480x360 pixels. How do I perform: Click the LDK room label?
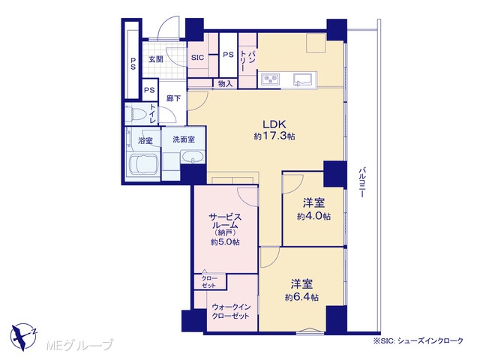coord(274,124)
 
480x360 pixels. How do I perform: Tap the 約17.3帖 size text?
coord(274,136)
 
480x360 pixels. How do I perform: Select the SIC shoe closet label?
coord(197,57)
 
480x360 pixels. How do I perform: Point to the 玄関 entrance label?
coord(156,59)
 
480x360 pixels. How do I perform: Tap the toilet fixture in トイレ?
coord(137,114)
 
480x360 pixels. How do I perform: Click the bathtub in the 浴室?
coord(143,165)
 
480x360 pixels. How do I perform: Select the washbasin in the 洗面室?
coord(192,157)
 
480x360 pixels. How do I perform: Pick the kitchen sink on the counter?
coord(302,79)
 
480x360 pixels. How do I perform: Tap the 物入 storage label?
coord(225,83)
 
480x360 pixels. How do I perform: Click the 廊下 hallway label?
coord(173,98)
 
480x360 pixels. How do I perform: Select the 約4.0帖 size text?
coord(313,217)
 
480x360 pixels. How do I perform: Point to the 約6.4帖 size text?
coord(301,297)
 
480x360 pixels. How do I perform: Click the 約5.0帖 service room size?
coord(225,242)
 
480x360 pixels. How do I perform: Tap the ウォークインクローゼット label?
coord(231,311)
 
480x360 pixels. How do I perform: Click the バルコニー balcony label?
coord(362,182)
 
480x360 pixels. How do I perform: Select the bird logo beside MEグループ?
coord(23,337)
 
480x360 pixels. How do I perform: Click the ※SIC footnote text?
coord(418,340)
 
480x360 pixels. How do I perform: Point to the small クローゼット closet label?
coord(209,282)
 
